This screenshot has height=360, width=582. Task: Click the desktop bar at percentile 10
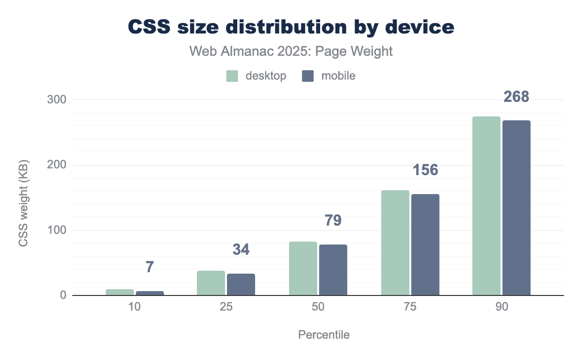click(x=120, y=293)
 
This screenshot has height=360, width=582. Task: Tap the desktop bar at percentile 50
click(x=303, y=269)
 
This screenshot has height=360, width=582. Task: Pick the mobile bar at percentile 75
click(x=425, y=245)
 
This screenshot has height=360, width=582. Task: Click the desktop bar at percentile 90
click(x=486, y=206)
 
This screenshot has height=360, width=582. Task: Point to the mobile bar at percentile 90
click(x=517, y=208)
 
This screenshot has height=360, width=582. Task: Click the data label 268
click(x=516, y=97)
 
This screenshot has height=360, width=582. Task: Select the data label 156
click(x=425, y=170)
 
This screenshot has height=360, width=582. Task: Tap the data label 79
click(x=333, y=220)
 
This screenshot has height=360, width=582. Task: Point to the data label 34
click(x=241, y=249)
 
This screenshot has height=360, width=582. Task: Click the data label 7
click(x=149, y=267)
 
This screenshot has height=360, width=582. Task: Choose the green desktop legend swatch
click(x=232, y=76)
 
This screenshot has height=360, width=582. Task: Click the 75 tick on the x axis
click(x=410, y=308)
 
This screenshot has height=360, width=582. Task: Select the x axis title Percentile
click(x=323, y=335)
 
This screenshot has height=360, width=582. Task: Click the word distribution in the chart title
click(x=277, y=28)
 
